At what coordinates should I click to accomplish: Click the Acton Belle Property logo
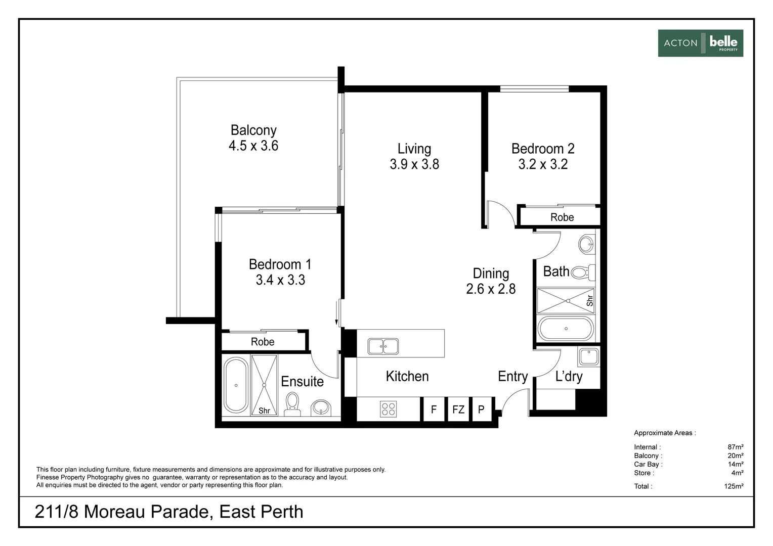[x=700, y=43]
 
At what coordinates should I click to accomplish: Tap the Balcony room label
[x=253, y=130]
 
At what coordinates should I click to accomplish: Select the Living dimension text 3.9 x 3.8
[x=414, y=164]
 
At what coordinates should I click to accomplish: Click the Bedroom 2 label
[x=543, y=149]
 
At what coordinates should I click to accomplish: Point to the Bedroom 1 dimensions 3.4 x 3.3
[x=280, y=280]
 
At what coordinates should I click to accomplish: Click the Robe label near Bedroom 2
[x=562, y=217]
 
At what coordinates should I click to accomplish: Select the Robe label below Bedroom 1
[x=263, y=342]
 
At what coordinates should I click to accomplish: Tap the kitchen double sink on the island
[x=383, y=346]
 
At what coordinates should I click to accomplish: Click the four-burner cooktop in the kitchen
[x=389, y=408]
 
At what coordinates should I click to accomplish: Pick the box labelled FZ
[x=458, y=409]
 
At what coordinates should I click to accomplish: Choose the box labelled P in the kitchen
[x=481, y=409]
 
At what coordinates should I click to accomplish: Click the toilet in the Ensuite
[x=292, y=404]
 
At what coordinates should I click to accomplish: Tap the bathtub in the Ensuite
[x=236, y=385]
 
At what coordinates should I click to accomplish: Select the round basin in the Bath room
[x=587, y=244]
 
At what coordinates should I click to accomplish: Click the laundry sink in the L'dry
[x=589, y=356]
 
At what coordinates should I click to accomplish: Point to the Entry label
[x=512, y=377]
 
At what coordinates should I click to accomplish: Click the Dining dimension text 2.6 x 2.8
[x=491, y=289]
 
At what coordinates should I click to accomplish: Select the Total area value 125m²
[x=733, y=486]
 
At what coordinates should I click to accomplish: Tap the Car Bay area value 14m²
[x=736, y=464]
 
